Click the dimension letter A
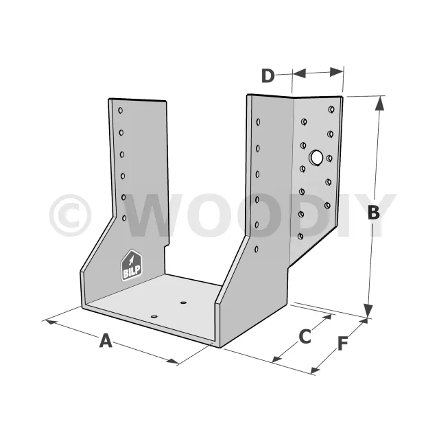tap(106, 340)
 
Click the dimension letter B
tap(373, 212)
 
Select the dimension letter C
tap(305, 336)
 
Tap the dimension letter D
tap(268, 75)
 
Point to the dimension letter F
tap(342, 343)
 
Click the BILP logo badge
tap(131, 265)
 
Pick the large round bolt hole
tap(316, 157)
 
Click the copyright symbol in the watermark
tap(70, 215)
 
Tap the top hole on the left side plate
tap(121, 110)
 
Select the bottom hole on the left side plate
tap(124, 218)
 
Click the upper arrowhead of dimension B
tap(379, 103)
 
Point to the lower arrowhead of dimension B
tap(368, 311)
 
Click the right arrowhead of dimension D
tap(337, 72)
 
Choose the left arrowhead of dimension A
tap(51, 322)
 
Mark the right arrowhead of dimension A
tap(172, 361)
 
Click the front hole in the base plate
tap(154, 316)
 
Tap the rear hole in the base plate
tap(183, 302)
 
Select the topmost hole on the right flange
tap(331, 109)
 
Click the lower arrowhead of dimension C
tap(277, 359)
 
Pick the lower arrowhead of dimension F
tap(316, 370)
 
